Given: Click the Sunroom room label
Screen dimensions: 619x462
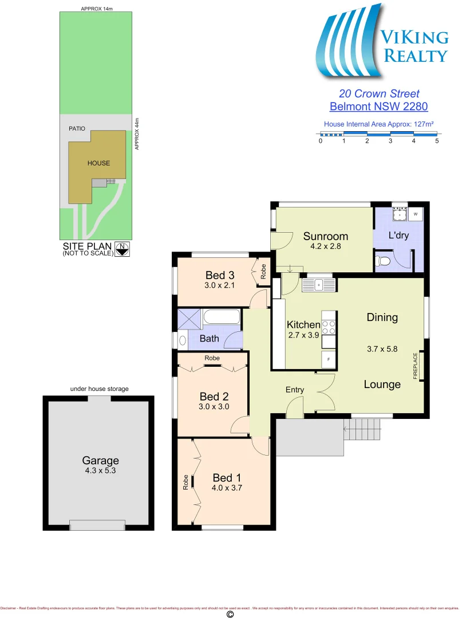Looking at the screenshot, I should click(x=325, y=236).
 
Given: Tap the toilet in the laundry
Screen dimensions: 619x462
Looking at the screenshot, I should click(x=385, y=261).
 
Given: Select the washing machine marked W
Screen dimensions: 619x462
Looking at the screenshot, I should click(x=416, y=214).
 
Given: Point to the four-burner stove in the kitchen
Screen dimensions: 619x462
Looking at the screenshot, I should click(x=329, y=327).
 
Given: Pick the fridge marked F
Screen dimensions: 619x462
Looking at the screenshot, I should click(x=329, y=359).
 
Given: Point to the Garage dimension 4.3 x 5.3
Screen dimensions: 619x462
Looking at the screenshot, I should click(x=100, y=472).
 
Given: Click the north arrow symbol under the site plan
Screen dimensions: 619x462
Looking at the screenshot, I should click(x=121, y=248).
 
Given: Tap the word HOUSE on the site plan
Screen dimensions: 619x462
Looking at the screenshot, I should click(x=98, y=163).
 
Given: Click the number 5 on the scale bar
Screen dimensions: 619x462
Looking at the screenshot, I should click(x=437, y=140).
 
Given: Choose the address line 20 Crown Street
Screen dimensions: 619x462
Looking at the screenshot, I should click(x=379, y=93).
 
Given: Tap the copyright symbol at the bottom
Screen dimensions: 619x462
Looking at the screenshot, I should click(x=230, y=614).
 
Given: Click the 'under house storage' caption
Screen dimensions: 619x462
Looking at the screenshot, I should click(x=99, y=389).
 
